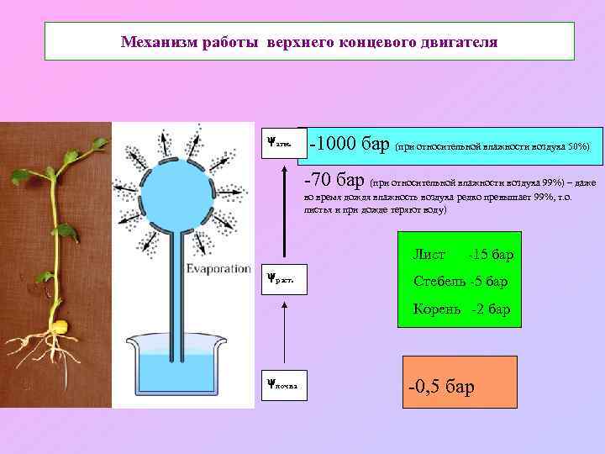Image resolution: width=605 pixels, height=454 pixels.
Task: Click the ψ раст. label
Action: pyautogui.click(x=279, y=277)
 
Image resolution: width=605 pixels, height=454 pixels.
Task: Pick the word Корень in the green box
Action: pyautogui.click(x=437, y=309)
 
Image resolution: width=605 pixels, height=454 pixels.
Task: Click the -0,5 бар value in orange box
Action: pyautogui.click(x=441, y=387)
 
